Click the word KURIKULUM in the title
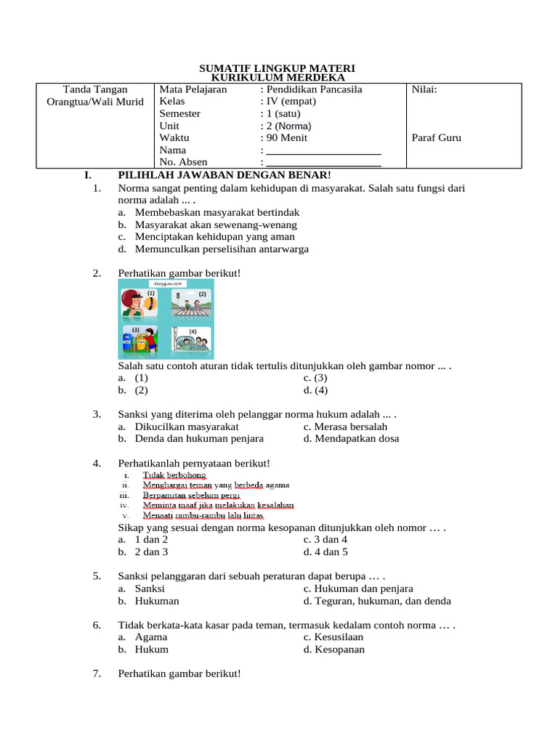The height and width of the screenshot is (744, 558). pyautogui.click(x=240, y=78)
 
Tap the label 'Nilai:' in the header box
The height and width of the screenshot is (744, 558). pyautogui.click(x=424, y=89)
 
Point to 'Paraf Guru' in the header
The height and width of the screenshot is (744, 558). pyautogui.click(x=436, y=138)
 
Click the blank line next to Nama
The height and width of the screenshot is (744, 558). pyautogui.click(x=324, y=151)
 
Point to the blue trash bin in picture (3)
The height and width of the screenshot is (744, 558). pyautogui.click(x=129, y=341)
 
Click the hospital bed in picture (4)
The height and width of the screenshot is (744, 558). pyautogui.click(x=190, y=344)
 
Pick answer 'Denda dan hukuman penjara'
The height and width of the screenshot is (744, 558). pyautogui.click(x=199, y=439)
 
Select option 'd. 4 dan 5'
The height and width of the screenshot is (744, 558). pyautogui.click(x=325, y=552)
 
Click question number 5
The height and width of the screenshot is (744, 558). pyautogui.click(x=97, y=576)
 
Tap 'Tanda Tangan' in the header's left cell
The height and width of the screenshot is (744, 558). pyautogui.click(x=95, y=89)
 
